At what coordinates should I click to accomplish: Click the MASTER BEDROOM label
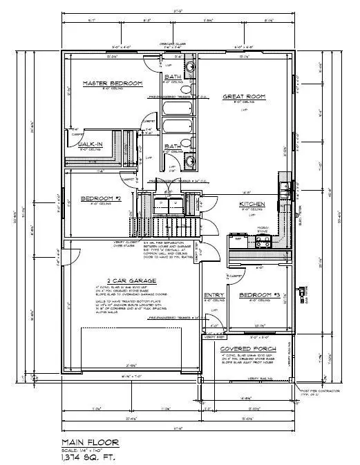coord(112,84)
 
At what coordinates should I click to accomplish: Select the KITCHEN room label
coord(252,205)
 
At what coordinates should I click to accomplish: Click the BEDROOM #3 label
coord(258,295)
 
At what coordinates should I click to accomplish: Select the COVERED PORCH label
coord(243,348)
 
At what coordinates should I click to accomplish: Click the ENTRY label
coord(212,295)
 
